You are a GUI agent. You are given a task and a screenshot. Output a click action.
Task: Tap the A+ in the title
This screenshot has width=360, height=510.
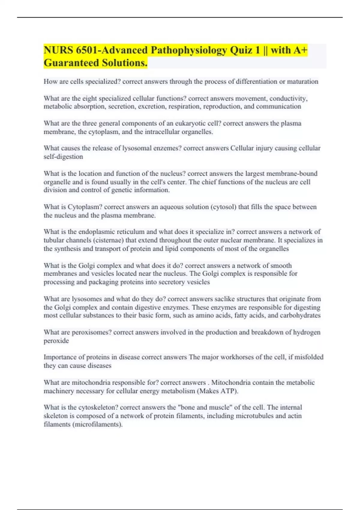tap(300, 50)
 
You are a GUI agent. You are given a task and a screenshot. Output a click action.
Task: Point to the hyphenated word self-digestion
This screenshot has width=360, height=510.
tap(63, 157)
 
